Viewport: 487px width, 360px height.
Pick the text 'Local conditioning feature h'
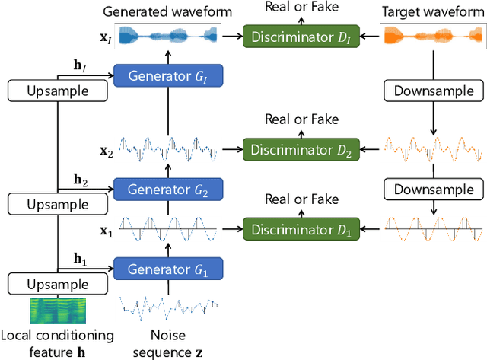[x=57, y=342]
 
